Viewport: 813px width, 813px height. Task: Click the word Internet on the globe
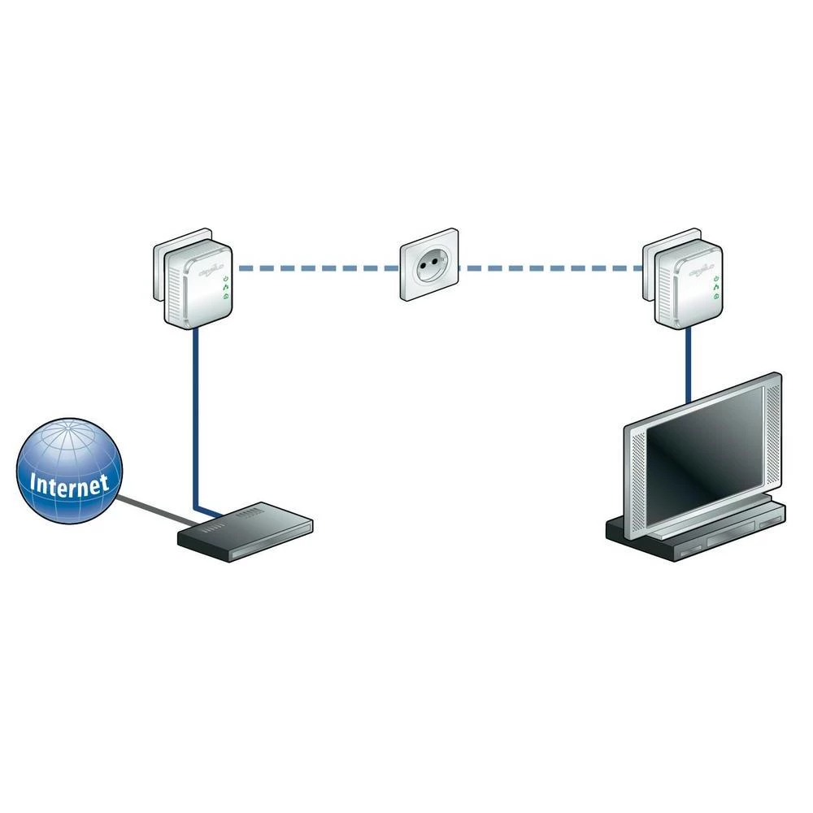[x=69, y=483]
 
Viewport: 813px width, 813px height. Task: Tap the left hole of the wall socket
[x=421, y=269]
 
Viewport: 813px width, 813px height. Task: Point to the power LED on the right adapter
[x=715, y=279]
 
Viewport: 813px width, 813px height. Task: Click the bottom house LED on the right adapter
[x=715, y=298]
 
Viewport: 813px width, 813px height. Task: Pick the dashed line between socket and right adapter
[x=553, y=267]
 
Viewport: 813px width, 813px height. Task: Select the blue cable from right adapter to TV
[x=688, y=366]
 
